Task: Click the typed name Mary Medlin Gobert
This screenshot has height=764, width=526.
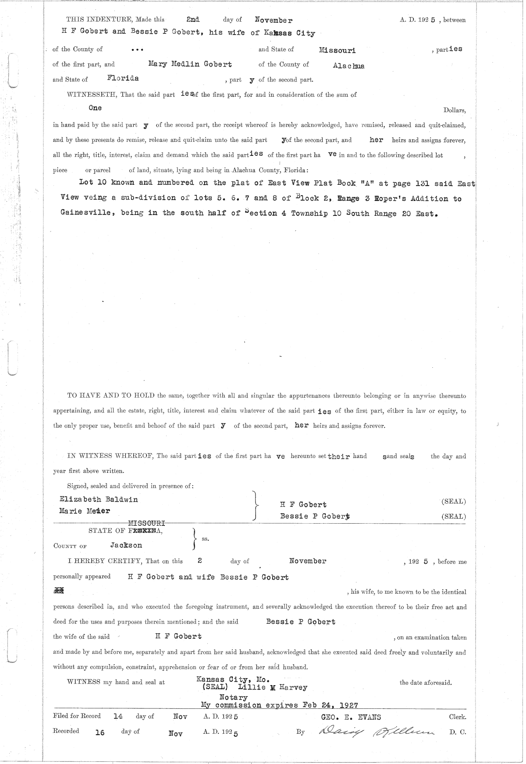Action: pyautogui.click(x=190, y=64)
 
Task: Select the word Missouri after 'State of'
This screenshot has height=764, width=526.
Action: pyautogui.click(x=337, y=50)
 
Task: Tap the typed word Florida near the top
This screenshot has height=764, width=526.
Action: pyautogui.click(x=123, y=78)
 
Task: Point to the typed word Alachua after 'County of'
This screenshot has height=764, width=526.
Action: pyautogui.click(x=348, y=66)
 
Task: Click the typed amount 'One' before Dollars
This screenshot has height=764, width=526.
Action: pyautogui.click(x=95, y=108)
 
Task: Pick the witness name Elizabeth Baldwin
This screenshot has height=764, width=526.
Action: pyautogui.click(x=99, y=499)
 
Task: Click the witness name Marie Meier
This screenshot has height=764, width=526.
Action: pyautogui.click(x=85, y=511)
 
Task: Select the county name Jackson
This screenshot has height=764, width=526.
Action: pyautogui.click(x=126, y=546)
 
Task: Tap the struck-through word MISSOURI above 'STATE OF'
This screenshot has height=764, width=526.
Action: pyautogui.click(x=146, y=523)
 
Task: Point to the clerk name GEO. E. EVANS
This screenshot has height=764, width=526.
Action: pyautogui.click(x=350, y=717)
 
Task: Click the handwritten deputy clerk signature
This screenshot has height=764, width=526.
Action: pyautogui.click(x=376, y=732)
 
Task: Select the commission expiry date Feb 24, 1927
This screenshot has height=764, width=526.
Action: pyautogui.click(x=331, y=705)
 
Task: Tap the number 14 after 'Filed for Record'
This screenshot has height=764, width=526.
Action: pyautogui.click(x=118, y=717)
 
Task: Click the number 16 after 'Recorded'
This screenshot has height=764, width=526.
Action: pyautogui.click(x=100, y=732)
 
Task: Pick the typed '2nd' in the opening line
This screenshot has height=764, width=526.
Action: pyautogui.click(x=193, y=20)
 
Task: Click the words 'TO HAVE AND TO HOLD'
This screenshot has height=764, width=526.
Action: pyautogui.click(x=110, y=396)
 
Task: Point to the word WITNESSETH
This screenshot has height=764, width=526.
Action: pyautogui.click(x=91, y=95)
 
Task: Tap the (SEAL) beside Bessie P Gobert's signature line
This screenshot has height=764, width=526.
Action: pyautogui.click(x=453, y=517)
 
